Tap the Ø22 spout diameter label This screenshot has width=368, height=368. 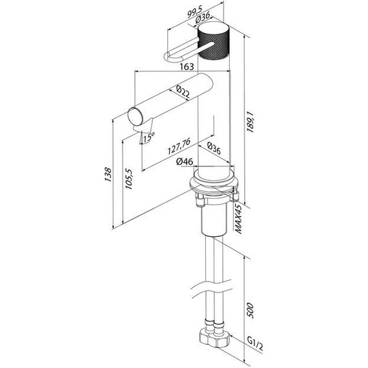183,93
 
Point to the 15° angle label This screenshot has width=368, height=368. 149,137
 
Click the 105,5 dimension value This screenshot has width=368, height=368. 128,178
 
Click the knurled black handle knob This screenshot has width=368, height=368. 214,43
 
